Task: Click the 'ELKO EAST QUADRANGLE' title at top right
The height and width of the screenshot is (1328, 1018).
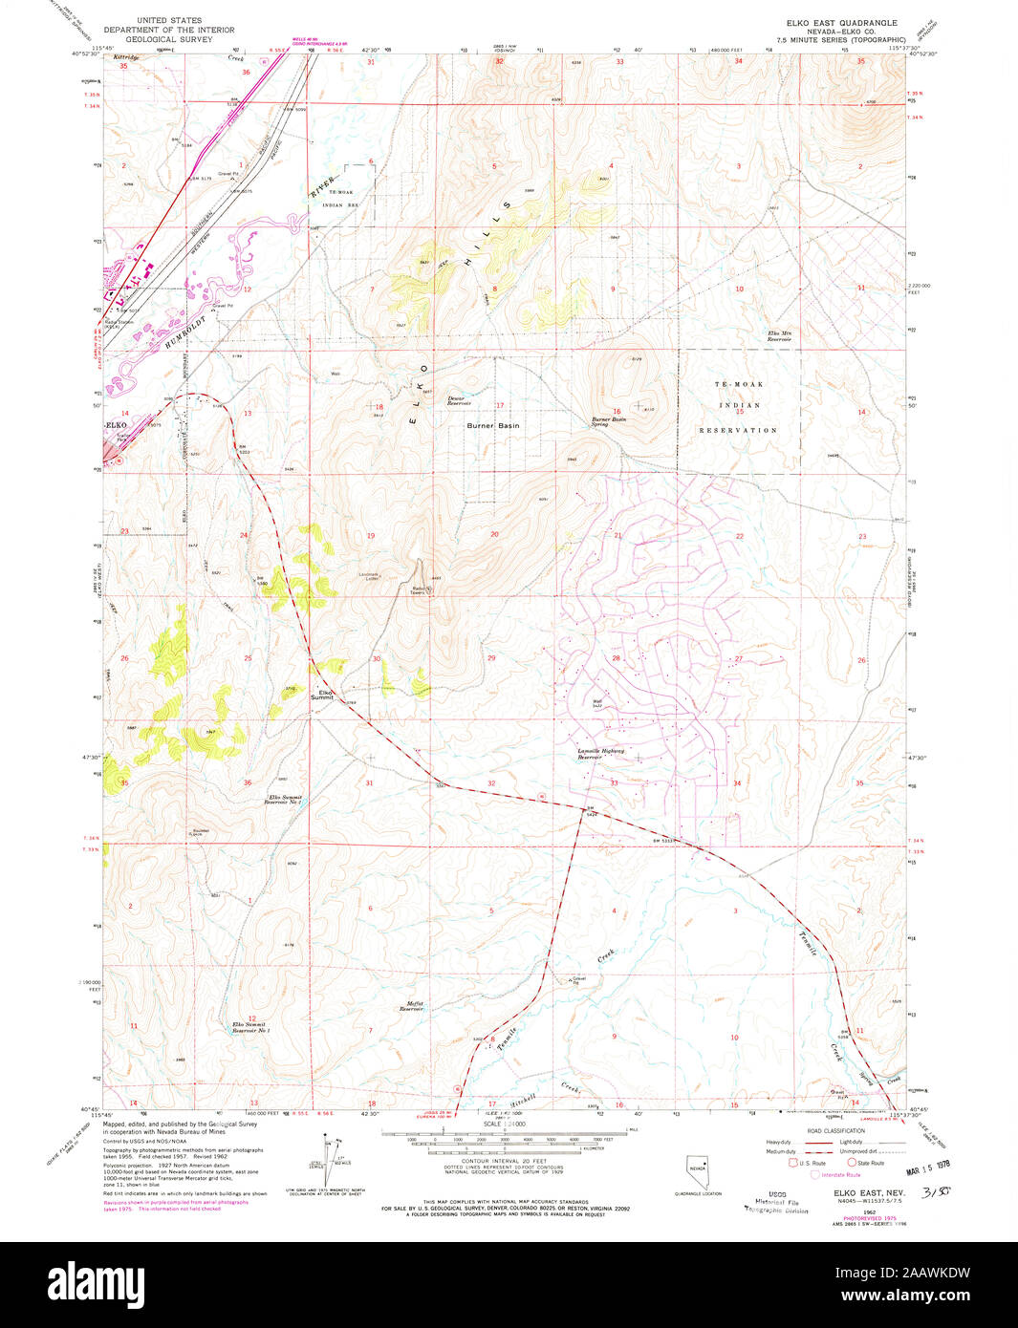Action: pos(841,21)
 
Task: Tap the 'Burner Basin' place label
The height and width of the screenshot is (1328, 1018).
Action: pos(493,425)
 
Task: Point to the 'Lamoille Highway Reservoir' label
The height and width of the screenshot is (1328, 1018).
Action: pos(600,754)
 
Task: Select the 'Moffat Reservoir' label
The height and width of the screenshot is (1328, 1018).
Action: pos(411,1006)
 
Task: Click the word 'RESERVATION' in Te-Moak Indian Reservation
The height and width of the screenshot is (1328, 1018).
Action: pos(740,430)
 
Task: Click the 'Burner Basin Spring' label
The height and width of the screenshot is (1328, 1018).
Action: pos(608,421)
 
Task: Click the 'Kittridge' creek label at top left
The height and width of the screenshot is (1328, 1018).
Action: pos(126,58)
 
